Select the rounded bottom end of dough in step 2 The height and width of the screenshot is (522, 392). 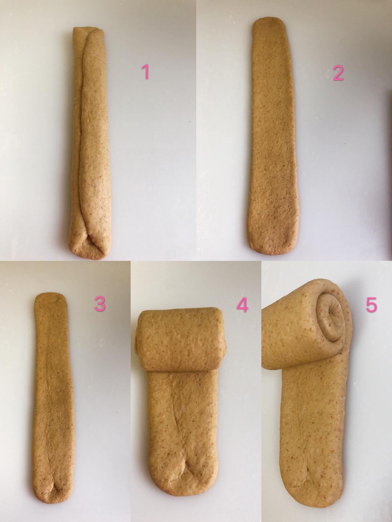coord(272,245)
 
